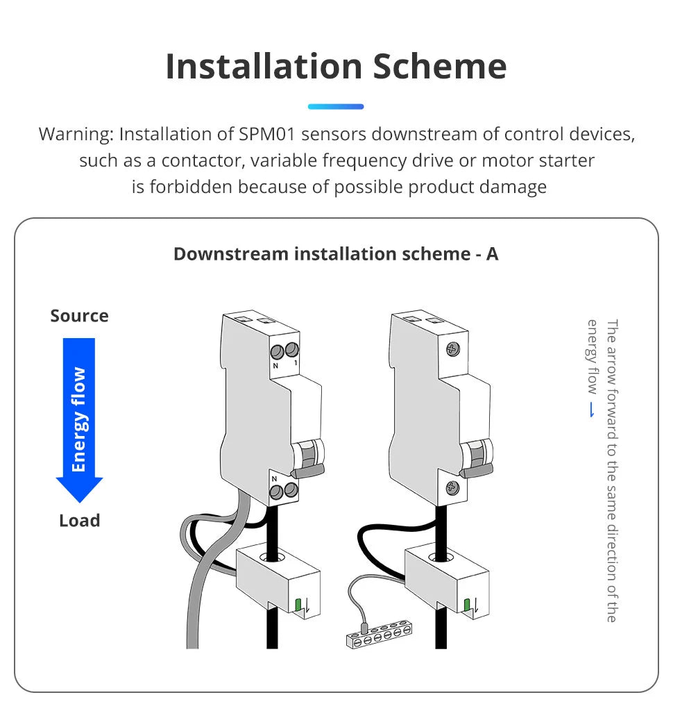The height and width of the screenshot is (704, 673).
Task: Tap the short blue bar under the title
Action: [x=336, y=106]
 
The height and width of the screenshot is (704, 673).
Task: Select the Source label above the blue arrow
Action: [x=79, y=316]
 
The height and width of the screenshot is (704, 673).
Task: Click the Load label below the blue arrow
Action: [x=79, y=521]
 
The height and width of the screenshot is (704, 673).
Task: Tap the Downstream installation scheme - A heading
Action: [x=336, y=254]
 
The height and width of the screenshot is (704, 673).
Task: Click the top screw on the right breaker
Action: [x=452, y=349]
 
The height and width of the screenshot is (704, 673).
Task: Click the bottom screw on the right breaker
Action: [x=452, y=488]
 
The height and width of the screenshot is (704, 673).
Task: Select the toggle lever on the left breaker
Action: [x=309, y=464]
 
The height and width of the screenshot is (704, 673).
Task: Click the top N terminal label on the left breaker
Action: [x=275, y=365]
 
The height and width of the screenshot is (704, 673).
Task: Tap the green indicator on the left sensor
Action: [x=298, y=605]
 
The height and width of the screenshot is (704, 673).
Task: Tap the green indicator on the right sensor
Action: [x=467, y=605]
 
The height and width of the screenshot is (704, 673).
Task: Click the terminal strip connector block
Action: [x=380, y=635]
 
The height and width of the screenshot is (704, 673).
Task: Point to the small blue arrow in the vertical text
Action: [x=592, y=410]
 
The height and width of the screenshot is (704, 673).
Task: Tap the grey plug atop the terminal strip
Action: [x=364, y=623]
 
